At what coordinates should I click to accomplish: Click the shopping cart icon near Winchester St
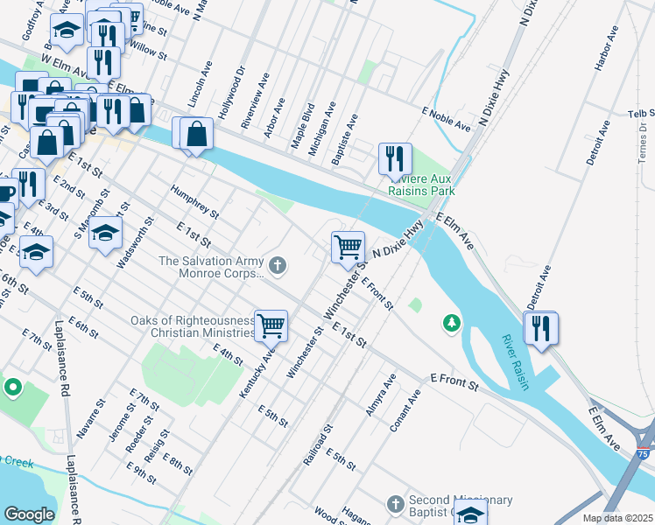(349, 248)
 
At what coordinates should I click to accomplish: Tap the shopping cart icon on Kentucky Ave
(271, 325)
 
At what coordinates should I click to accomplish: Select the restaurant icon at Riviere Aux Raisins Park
(395, 158)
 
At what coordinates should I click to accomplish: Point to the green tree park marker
(452, 324)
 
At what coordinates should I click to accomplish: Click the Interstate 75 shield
(644, 454)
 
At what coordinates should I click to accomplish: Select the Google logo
(29, 514)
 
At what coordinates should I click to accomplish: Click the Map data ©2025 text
(617, 518)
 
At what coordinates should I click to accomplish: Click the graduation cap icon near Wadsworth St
(105, 233)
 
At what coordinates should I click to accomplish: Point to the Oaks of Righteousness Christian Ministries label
(193, 326)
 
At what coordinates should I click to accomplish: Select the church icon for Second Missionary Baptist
(394, 504)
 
